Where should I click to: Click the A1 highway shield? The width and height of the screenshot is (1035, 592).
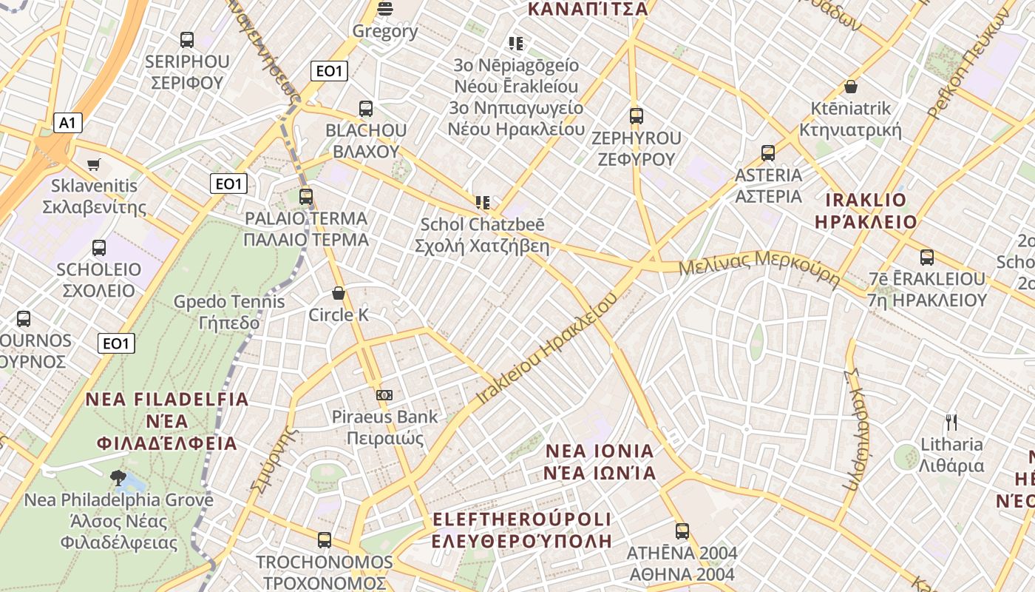(x=67, y=123)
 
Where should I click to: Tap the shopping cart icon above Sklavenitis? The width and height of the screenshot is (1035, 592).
(x=93, y=164)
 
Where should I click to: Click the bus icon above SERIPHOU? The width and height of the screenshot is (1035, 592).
(x=187, y=40)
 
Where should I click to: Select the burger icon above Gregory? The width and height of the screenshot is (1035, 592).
(x=384, y=9)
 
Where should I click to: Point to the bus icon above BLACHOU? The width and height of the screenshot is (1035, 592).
(x=366, y=109)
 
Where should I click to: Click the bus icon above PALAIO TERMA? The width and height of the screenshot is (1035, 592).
(x=306, y=197)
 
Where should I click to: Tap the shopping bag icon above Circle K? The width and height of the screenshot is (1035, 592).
(x=339, y=294)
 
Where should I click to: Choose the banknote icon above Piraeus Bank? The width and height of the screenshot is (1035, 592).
(x=384, y=395)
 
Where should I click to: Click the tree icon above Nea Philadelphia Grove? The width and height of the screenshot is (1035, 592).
(x=118, y=477)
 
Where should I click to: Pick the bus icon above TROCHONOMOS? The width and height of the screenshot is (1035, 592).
(x=325, y=540)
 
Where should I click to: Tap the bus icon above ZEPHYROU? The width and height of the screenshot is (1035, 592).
(x=637, y=116)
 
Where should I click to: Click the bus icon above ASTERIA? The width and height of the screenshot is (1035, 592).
(x=768, y=153)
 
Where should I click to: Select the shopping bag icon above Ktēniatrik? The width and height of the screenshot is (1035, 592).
(x=851, y=87)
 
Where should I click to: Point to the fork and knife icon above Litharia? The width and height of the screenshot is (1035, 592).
(x=951, y=423)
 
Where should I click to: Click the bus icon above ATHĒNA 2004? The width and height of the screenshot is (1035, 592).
(x=682, y=531)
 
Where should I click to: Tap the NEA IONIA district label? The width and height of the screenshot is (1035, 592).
(x=600, y=462)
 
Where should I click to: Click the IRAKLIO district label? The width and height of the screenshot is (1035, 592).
(x=865, y=211)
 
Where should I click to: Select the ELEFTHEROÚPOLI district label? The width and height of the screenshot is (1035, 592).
(x=522, y=529)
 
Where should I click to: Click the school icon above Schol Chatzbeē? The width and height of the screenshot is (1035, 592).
(x=483, y=202)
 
